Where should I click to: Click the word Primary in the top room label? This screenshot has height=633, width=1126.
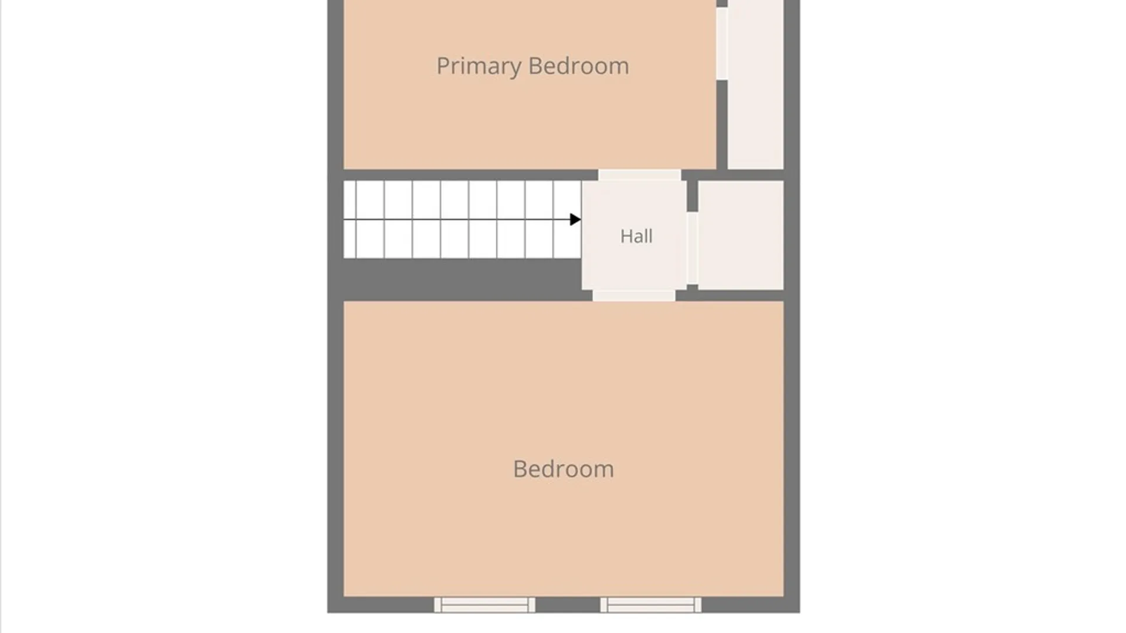pyautogui.click(x=479, y=66)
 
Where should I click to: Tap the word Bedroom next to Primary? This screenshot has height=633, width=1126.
pyautogui.click(x=578, y=66)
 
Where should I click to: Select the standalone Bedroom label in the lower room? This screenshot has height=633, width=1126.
pyautogui.click(x=564, y=469)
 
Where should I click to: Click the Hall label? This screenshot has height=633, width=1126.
pyautogui.click(x=636, y=236)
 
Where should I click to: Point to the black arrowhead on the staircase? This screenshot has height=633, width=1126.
pyautogui.click(x=575, y=219)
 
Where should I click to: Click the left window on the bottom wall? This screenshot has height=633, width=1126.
pyautogui.click(x=484, y=605)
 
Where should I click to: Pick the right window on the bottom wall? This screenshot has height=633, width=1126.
pyautogui.click(x=650, y=605)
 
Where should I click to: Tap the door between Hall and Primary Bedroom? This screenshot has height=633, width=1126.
pyautogui.click(x=639, y=175)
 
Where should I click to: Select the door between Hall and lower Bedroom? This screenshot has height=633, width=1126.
pyautogui.click(x=634, y=295)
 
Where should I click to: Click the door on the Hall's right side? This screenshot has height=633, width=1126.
pyautogui.click(x=692, y=248)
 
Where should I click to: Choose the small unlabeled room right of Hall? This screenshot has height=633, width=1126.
pyautogui.click(x=741, y=235)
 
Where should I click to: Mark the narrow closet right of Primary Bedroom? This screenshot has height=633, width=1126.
pyautogui.click(x=755, y=84)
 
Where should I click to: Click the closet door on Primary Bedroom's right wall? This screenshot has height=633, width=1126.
pyautogui.click(x=722, y=43)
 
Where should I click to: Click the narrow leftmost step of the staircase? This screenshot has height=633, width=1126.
pyautogui.click(x=350, y=219)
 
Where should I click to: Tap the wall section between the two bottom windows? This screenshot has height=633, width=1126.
pyautogui.click(x=568, y=605)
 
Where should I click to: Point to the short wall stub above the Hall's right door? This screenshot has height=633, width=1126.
pyautogui.click(x=692, y=196)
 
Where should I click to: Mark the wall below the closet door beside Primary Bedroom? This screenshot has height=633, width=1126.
pyautogui.click(x=722, y=125)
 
